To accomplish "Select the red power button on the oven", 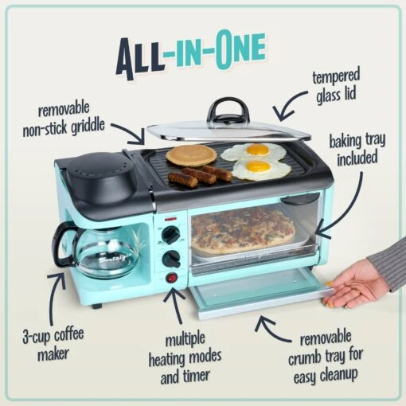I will (170, 278).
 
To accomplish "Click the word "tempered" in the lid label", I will (334, 77).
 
